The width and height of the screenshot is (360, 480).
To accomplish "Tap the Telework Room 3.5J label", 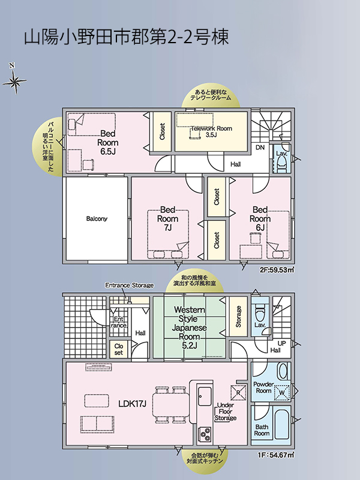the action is click(211, 131).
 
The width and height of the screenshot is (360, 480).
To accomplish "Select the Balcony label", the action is click(97, 218).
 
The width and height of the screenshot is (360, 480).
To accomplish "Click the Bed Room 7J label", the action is click(167, 218).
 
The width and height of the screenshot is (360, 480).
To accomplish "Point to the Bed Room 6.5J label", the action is click(108, 142).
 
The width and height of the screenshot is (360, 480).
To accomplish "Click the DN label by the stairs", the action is click(260, 148).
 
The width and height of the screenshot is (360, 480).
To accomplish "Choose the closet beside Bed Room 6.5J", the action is click(162, 131).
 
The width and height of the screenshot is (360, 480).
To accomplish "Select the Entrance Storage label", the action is click(129, 286).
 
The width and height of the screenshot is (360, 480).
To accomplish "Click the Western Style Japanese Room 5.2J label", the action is click(189, 328).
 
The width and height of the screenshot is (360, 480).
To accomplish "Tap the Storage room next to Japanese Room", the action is click(238, 317).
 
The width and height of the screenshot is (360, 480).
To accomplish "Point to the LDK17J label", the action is click(132, 404).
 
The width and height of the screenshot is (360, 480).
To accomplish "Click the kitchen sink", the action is click(205, 397).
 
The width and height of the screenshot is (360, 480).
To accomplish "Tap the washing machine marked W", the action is click(281, 392).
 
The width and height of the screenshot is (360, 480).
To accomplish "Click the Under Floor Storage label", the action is click(226, 412).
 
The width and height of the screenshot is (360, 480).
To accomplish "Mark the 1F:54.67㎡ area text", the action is click(276, 455).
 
